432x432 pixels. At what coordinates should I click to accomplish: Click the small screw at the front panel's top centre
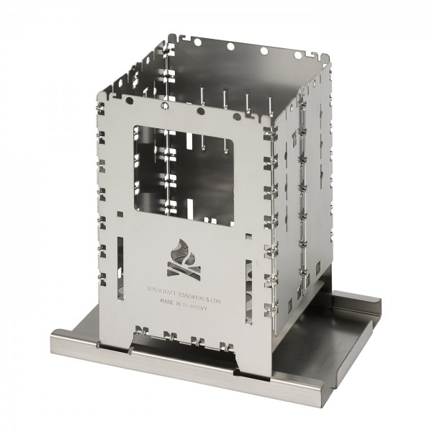[167, 105]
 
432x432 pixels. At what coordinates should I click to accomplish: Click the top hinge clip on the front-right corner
[269, 137]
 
